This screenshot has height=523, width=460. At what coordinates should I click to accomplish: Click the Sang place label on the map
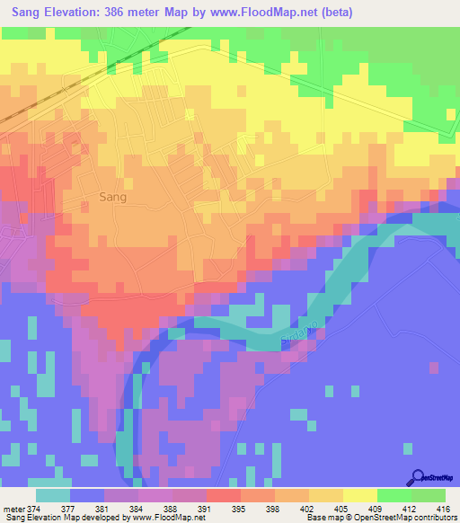112,196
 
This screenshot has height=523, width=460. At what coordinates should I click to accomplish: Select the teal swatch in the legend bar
53,495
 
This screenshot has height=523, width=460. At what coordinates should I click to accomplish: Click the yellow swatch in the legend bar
359,495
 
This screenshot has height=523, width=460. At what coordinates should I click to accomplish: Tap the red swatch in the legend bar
226,495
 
